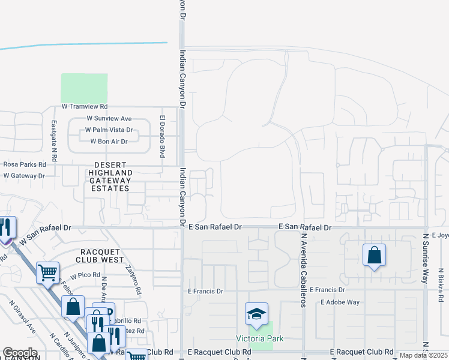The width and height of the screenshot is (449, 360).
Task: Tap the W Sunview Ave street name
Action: [x=109, y=119]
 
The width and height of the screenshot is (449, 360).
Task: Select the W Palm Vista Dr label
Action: [x=109, y=130]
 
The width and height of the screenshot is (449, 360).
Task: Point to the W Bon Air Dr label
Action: [x=109, y=142]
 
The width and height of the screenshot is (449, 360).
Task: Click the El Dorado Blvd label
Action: [x=162, y=136]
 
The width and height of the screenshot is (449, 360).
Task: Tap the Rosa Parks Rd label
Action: [x=25, y=164]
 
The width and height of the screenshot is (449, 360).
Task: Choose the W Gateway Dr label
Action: [x=24, y=176]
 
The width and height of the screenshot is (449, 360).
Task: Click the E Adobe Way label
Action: [x=340, y=302]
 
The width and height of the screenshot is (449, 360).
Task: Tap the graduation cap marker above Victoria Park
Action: [x=256, y=314]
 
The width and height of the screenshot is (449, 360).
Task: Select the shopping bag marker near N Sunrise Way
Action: [x=374, y=256]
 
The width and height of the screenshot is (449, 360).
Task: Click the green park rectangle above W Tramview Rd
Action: [x=84, y=88]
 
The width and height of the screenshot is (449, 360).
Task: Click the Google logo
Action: [x=20, y=353]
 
